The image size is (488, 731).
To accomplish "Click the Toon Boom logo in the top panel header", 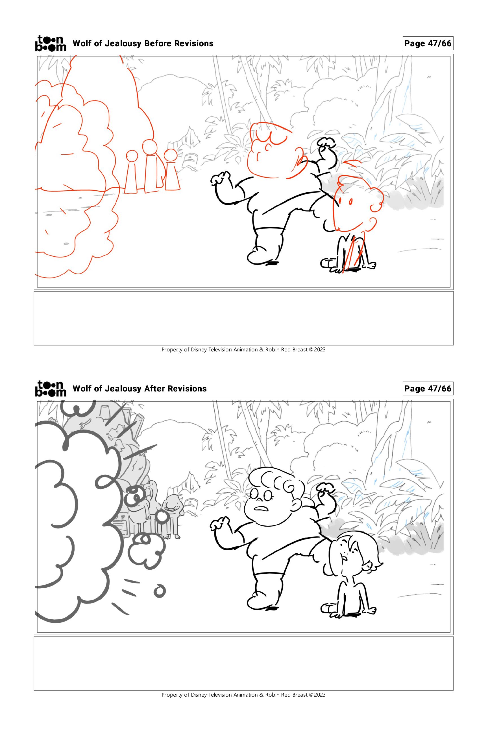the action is click(51, 43).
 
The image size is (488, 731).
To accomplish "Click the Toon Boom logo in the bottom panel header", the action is click(51, 389).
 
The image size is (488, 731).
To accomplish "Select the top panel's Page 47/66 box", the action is click(428, 43).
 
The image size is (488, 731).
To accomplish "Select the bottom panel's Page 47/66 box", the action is click(428, 389).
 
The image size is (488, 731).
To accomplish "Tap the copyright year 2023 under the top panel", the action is click(320, 350).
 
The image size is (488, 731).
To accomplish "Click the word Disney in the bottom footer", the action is click(199, 695).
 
